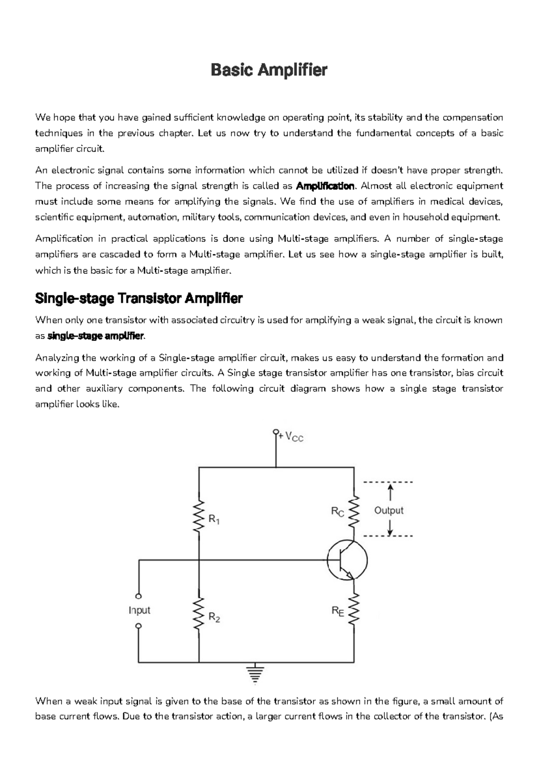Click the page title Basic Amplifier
[269, 70]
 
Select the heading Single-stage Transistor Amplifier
[139, 298]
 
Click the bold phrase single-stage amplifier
[95, 336]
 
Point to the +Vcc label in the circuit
[292, 437]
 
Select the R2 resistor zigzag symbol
[199, 614]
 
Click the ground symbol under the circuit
[254, 673]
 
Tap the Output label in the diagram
[389, 510]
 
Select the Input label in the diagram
[139, 610]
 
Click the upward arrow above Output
[390, 491]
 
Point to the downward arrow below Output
[390, 528]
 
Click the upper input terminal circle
[139, 596]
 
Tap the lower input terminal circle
[139, 625]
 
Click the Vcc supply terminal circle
[275, 432]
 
